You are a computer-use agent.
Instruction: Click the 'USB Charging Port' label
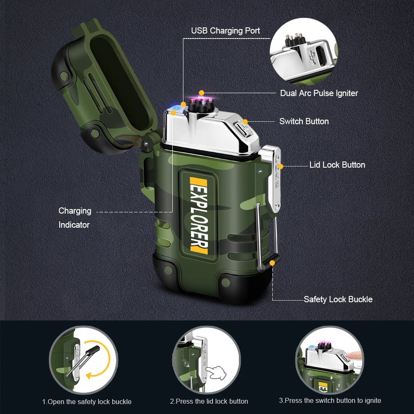point(225,31)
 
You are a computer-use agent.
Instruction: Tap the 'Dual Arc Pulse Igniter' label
point(319,93)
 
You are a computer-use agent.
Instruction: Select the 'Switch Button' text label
point(304,121)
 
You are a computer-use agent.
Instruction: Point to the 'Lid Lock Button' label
point(337,165)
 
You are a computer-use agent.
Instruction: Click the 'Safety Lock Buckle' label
point(338,299)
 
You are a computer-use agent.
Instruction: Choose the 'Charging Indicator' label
point(75,217)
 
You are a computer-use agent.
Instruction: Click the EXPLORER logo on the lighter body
point(199,215)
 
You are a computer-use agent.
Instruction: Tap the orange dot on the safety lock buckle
point(272,262)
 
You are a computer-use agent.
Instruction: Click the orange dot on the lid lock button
point(280,166)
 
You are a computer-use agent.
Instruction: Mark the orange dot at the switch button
point(245,122)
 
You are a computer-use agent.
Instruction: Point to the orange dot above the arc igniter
point(201,92)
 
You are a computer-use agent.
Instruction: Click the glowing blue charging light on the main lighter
point(174,109)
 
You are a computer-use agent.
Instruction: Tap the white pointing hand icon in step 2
point(216,371)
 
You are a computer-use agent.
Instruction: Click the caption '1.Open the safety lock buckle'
point(87,402)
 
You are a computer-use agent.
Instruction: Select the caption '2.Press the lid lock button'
point(209,401)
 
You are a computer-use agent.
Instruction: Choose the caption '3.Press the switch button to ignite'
point(330,400)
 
